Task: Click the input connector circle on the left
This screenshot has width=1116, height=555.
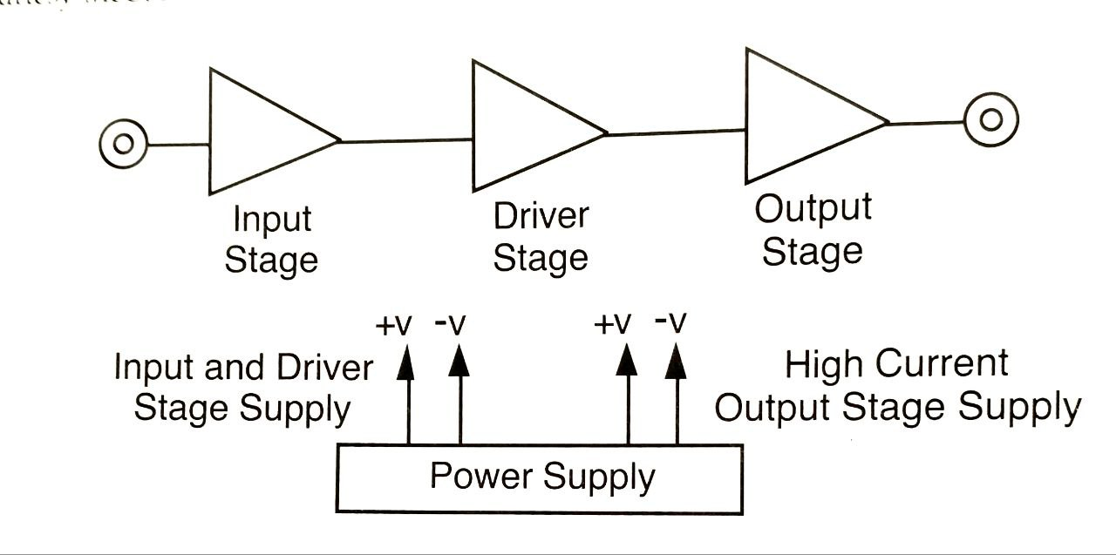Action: coord(121,143)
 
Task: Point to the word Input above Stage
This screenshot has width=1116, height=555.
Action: coord(271,220)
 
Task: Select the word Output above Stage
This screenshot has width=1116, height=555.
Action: coord(812,209)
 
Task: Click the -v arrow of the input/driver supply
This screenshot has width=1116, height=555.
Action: coord(459,392)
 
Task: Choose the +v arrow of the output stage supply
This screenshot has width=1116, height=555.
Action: coord(627,392)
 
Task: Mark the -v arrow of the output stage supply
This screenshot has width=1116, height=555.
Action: coord(675,392)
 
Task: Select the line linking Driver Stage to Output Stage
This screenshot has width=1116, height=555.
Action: coord(676,132)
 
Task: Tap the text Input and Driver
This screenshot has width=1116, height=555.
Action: coord(243,369)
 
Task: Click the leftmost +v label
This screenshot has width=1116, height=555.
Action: coord(392,326)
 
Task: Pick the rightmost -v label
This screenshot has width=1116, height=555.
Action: coord(670,324)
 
